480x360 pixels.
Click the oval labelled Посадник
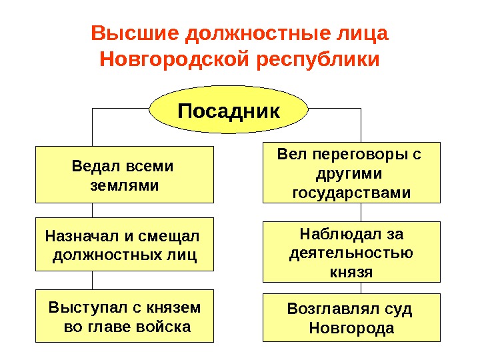(x=229, y=109)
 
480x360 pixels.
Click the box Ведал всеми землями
(x=125, y=174)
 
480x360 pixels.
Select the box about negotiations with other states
(x=351, y=172)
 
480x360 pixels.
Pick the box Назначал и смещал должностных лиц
(x=125, y=244)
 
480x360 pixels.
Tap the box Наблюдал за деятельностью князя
(x=351, y=252)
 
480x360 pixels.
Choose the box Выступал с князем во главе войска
(x=125, y=316)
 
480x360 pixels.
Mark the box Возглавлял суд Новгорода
(x=351, y=317)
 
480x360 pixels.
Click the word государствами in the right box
(x=351, y=193)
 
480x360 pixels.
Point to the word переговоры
(x=354, y=155)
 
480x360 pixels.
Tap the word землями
(x=125, y=185)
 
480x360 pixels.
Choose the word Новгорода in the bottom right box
(x=351, y=329)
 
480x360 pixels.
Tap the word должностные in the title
(x=273, y=33)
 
